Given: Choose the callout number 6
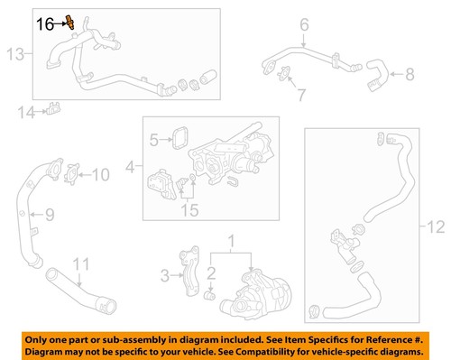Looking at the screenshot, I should [303, 23].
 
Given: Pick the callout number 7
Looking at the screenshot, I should [302, 93].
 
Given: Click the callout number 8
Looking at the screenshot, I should [410, 73].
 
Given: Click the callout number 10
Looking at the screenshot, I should [100, 173].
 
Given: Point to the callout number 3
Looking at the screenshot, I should [165, 274].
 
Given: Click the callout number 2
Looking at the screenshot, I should [211, 272].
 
